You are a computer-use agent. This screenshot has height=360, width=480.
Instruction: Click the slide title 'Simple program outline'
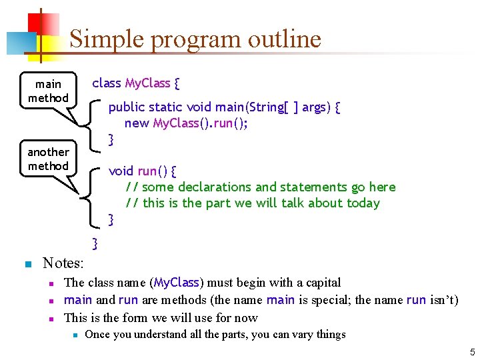point(195,39)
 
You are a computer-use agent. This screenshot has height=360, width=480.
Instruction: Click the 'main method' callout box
point(48,91)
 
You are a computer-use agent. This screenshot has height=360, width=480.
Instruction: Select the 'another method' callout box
point(48,159)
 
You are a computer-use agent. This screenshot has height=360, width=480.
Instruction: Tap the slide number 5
point(471,351)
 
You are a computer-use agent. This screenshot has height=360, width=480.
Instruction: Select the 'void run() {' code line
point(143,171)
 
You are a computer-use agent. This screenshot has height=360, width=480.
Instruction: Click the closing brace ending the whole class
point(95,244)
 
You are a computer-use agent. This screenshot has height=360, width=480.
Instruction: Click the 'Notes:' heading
point(63,263)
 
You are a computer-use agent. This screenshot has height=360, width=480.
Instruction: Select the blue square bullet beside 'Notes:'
point(27,264)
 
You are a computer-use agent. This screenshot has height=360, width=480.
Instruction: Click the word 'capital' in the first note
point(317,283)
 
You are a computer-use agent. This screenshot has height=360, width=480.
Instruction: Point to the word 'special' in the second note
point(324,300)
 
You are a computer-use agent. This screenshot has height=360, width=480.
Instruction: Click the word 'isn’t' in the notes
point(442,300)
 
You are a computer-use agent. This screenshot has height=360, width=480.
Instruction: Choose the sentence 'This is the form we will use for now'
point(161,317)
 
